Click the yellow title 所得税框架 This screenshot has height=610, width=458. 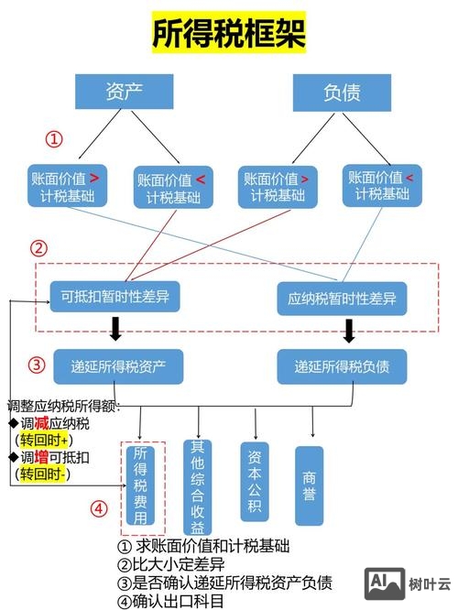[228, 35]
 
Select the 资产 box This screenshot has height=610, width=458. [125, 92]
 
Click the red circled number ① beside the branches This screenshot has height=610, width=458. [55, 139]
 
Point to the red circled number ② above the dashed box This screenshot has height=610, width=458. [38, 247]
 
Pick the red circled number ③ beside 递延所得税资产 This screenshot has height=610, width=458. [37, 365]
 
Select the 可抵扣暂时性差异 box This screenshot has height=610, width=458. [115, 297]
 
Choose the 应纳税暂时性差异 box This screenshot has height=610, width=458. [342, 298]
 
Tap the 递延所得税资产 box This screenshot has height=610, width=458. [119, 366]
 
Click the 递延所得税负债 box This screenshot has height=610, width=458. [342, 366]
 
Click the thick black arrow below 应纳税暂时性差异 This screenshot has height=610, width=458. [349, 329]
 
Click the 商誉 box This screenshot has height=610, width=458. [310, 485]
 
